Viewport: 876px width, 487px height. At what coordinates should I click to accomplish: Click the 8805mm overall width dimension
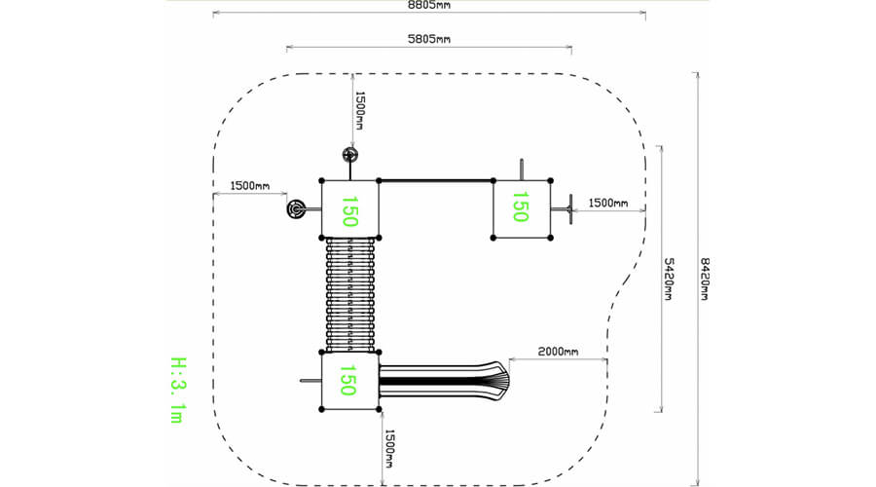pyautogui.click(x=428, y=5)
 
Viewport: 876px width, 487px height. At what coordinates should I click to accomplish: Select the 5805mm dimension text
pyautogui.click(x=428, y=39)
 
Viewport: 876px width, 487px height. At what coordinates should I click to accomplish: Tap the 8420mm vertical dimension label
pyautogui.click(x=705, y=279)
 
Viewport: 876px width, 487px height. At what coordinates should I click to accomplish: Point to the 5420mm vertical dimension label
pyautogui.click(x=668, y=279)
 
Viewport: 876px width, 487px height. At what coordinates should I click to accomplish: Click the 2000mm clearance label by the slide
pyautogui.click(x=558, y=352)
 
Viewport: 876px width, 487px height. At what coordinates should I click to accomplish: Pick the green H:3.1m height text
pyautogui.click(x=178, y=390)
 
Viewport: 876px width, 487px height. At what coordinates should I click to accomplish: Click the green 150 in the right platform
pyautogui.click(x=520, y=206)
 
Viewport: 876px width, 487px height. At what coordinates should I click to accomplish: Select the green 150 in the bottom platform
pyautogui.click(x=347, y=380)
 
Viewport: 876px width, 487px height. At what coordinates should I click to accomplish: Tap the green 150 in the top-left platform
pyautogui.click(x=349, y=210)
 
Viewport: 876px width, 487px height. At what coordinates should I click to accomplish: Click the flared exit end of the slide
pyautogui.click(x=501, y=380)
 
